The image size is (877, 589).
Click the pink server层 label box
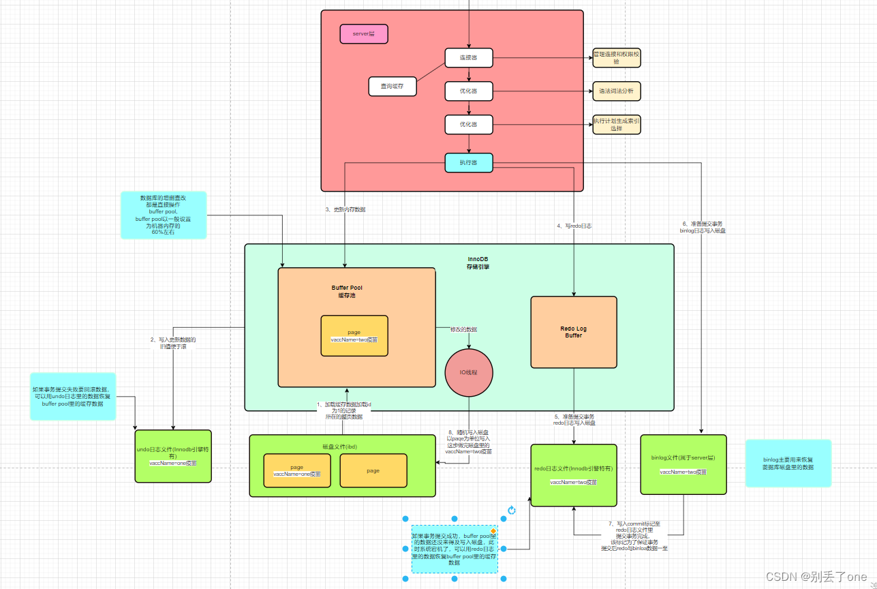coord(364,33)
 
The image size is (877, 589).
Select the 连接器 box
coord(468,58)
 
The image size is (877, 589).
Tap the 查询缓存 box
coord(392,87)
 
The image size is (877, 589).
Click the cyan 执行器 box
coord(468,162)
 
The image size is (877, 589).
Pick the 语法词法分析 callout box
coord(616,91)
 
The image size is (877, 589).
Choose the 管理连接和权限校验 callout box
coord(616,57)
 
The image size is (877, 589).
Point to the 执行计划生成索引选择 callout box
coord(616,124)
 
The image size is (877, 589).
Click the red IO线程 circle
coord(469,373)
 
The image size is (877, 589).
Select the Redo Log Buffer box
coord(573,332)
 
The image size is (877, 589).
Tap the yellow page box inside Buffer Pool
coord(354,335)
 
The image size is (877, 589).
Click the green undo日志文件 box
coord(173,456)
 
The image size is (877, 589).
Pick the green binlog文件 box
coord(683,464)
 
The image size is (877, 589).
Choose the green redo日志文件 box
coord(573,475)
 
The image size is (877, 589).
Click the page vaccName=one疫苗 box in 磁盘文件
coord(296,470)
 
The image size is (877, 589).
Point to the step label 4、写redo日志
coord(575,226)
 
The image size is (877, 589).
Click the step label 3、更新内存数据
coord(350,210)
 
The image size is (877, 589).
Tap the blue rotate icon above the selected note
coord(512,510)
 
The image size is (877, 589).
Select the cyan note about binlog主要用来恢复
coord(788,463)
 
